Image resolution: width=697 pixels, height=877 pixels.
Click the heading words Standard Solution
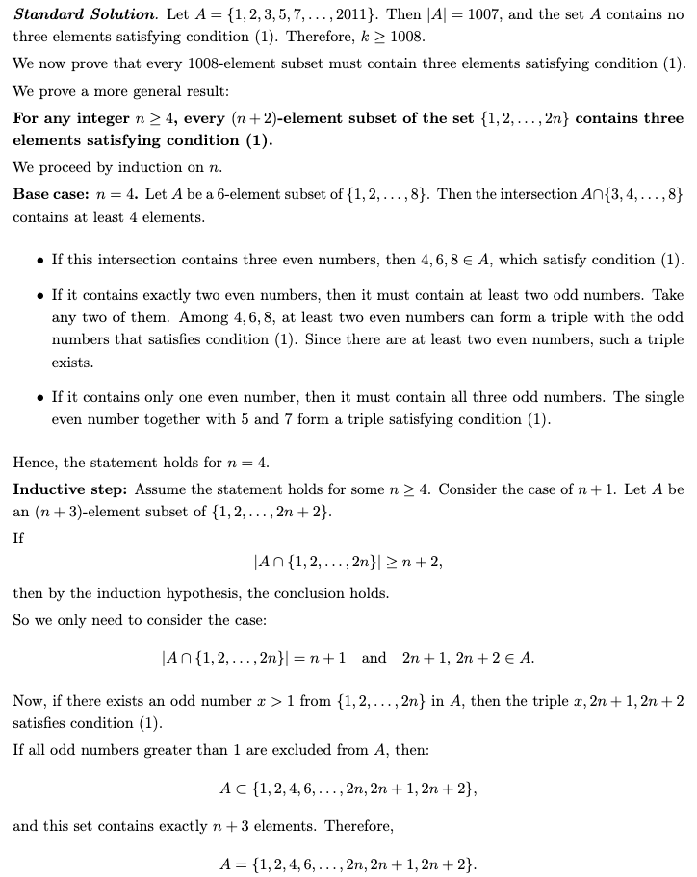[x=83, y=15]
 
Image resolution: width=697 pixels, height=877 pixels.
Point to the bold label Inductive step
[x=70, y=489]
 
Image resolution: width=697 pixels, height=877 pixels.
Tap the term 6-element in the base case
[x=233, y=193]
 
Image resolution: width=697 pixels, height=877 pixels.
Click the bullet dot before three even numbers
[x=38, y=261]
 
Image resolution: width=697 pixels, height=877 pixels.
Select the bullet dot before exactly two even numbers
[x=38, y=293]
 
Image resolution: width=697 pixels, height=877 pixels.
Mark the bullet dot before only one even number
[x=38, y=397]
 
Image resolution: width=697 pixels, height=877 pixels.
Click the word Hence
[x=35, y=463]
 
